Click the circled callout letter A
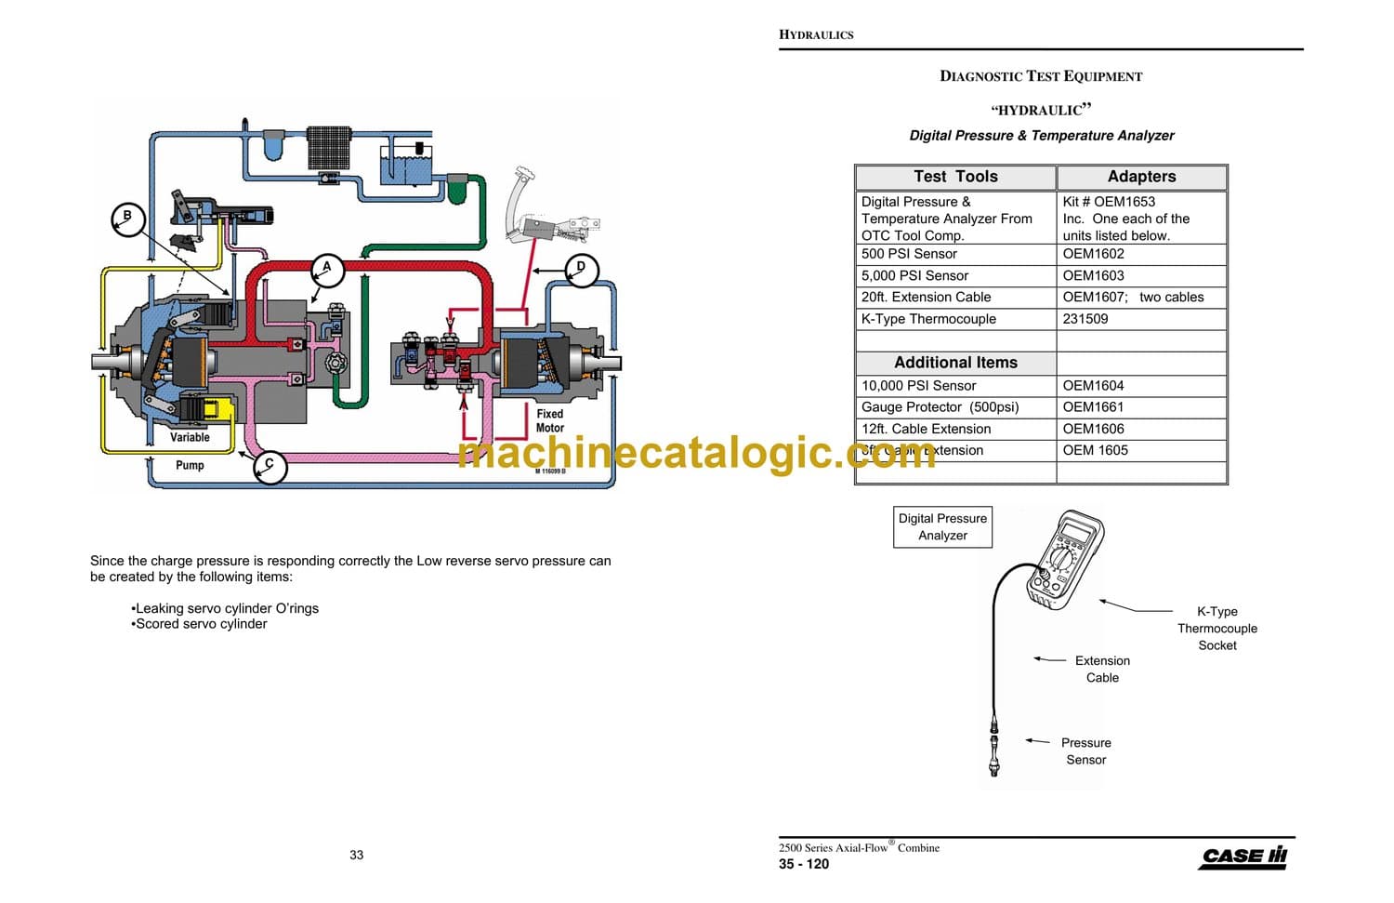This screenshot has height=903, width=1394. [x=327, y=269]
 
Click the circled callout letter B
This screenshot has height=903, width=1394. [x=127, y=218]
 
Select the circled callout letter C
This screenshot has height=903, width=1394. [x=270, y=465]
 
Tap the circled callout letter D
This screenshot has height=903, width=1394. [x=581, y=269]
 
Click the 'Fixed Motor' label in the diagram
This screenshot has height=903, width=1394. [x=549, y=421]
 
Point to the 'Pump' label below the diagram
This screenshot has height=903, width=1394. [x=190, y=465]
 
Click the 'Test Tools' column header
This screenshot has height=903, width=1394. [x=955, y=177]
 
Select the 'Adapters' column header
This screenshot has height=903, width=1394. [x=1141, y=177]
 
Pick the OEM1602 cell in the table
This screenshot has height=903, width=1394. [x=1093, y=254]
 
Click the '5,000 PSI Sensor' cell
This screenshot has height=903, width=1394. [x=914, y=275]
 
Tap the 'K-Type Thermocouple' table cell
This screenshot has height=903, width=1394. [x=928, y=319]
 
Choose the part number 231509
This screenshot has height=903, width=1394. [x=1085, y=319]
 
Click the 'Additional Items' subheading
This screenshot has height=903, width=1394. [x=955, y=363]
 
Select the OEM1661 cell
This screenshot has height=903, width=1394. [x=1093, y=407]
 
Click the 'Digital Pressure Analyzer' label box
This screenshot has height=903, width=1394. [x=942, y=527]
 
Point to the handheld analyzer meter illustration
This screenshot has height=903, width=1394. [x=1065, y=559]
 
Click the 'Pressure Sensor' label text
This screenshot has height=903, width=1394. [x=1085, y=751]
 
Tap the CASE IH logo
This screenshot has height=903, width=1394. [x=1243, y=857]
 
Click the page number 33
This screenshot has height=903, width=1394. [x=357, y=856]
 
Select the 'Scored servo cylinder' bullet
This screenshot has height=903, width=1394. [x=201, y=624]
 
